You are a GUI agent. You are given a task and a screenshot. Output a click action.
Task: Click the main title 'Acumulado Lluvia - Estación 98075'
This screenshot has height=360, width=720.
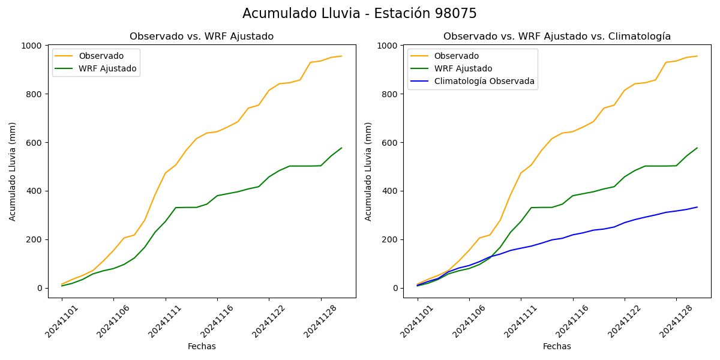pyautogui.click(x=359, y=14)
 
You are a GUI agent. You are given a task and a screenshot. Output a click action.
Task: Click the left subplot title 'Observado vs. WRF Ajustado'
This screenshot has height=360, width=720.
pyautogui.click(x=202, y=37)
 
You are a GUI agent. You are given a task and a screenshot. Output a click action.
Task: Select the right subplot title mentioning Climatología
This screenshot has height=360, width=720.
pyautogui.click(x=557, y=37)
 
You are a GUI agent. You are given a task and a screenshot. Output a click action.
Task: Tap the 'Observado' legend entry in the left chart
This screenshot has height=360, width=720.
pyautogui.click(x=101, y=56)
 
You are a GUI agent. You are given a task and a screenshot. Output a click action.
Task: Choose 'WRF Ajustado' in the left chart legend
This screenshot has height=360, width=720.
pyautogui.click(x=107, y=68)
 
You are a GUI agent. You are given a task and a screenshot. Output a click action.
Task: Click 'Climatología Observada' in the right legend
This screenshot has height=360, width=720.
pyautogui.click(x=484, y=81)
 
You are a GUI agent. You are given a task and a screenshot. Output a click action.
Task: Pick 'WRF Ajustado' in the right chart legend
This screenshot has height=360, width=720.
pyautogui.click(x=463, y=68)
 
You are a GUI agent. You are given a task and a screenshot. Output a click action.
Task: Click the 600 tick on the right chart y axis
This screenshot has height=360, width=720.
pyautogui.click(x=391, y=143)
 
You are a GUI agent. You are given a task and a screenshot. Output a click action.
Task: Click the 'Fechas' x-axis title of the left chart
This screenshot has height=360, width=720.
pyautogui.click(x=202, y=346)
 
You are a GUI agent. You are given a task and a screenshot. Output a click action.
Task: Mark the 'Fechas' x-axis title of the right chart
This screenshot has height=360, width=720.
pyautogui.click(x=557, y=346)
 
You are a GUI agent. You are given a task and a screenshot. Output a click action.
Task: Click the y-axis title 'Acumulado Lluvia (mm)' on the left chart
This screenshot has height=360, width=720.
pyautogui.click(x=13, y=171)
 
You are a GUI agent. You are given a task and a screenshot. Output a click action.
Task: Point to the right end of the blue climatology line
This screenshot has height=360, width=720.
pyautogui.click(x=697, y=207)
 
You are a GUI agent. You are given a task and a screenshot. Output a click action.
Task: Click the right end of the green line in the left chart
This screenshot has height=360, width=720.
pyautogui.click(x=341, y=148)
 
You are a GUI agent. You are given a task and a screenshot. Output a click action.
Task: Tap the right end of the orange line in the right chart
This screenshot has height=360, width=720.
pyautogui.click(x=697, y=56)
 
